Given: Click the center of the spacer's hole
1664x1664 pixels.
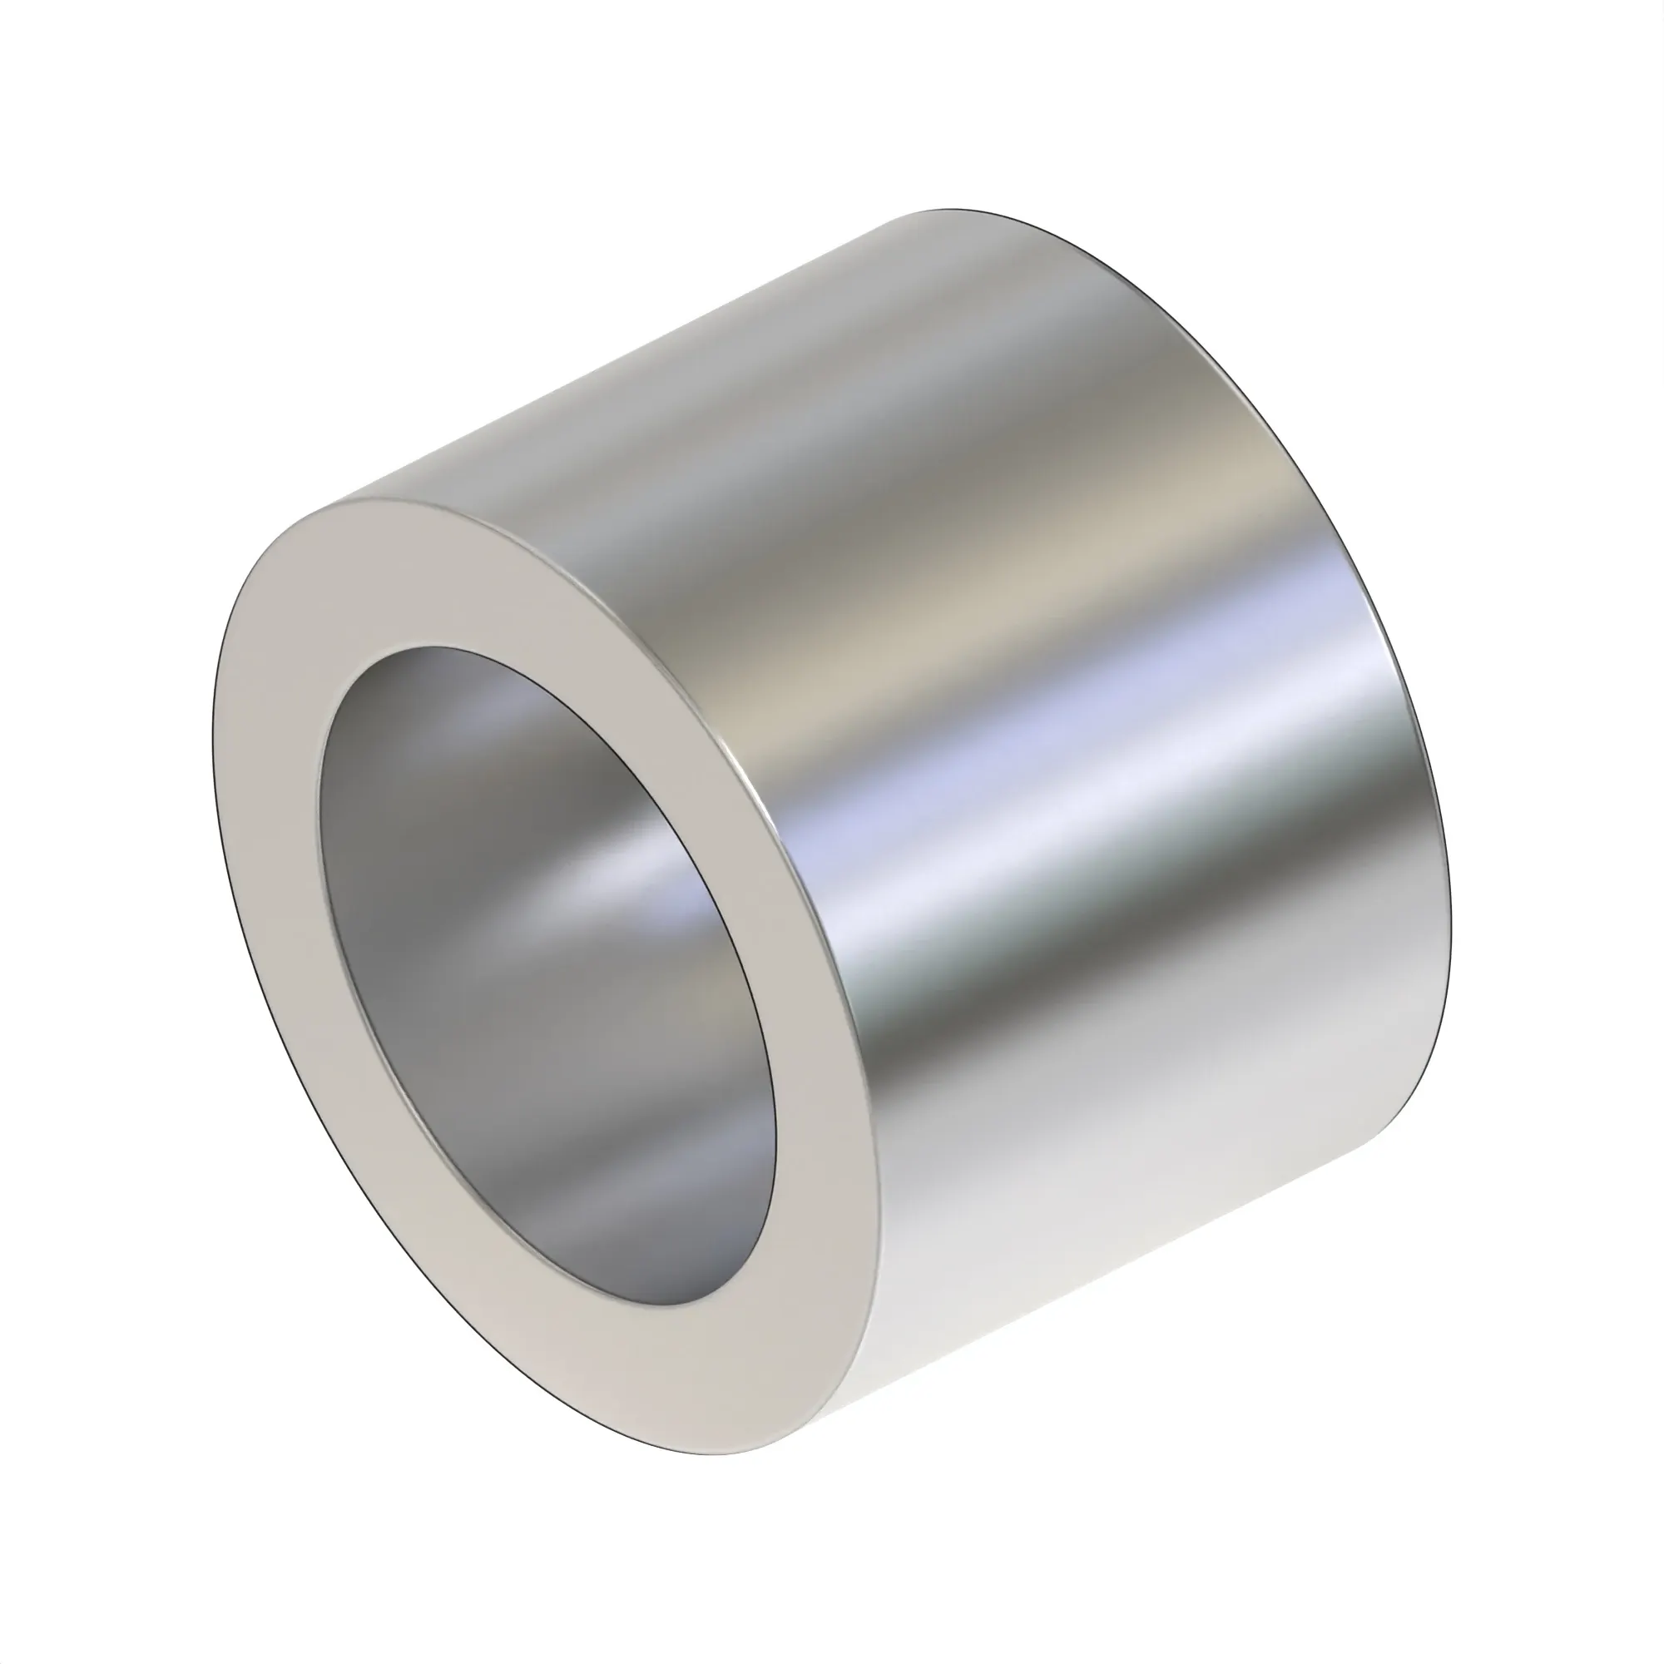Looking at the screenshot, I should [x=547, y=982].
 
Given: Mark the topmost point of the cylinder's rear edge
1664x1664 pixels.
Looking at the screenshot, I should [x=948, y=210].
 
